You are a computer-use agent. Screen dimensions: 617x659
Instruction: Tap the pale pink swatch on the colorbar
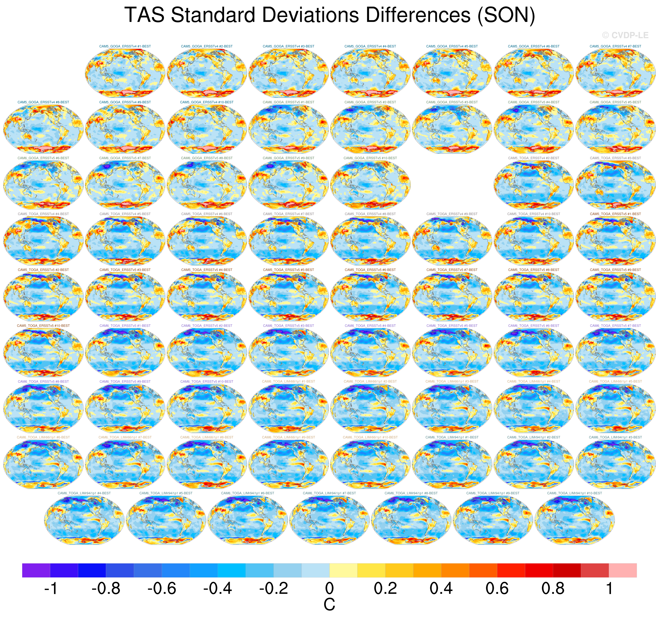(623, 570)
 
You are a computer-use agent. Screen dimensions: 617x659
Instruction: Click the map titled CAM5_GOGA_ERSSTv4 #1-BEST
(125, 73)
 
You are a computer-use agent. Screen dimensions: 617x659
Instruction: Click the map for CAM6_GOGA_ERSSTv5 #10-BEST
(370, 185)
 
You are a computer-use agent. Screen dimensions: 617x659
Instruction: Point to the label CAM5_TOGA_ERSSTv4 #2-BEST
(533, 158)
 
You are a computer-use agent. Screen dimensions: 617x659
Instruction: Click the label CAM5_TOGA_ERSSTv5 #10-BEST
(43, 326)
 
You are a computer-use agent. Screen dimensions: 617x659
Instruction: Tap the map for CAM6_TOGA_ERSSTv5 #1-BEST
(125, 352)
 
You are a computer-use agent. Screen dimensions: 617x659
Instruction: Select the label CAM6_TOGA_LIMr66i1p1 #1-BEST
(288, 381)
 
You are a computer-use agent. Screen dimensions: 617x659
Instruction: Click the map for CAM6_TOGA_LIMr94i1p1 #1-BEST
(452, 464)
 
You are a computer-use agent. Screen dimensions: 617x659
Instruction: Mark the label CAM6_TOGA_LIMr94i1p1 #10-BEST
(575, 493)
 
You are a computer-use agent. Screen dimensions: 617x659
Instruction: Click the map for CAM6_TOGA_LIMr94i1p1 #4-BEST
(84, 520)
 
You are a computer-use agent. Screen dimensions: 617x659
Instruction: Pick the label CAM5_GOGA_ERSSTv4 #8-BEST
(43, 102)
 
